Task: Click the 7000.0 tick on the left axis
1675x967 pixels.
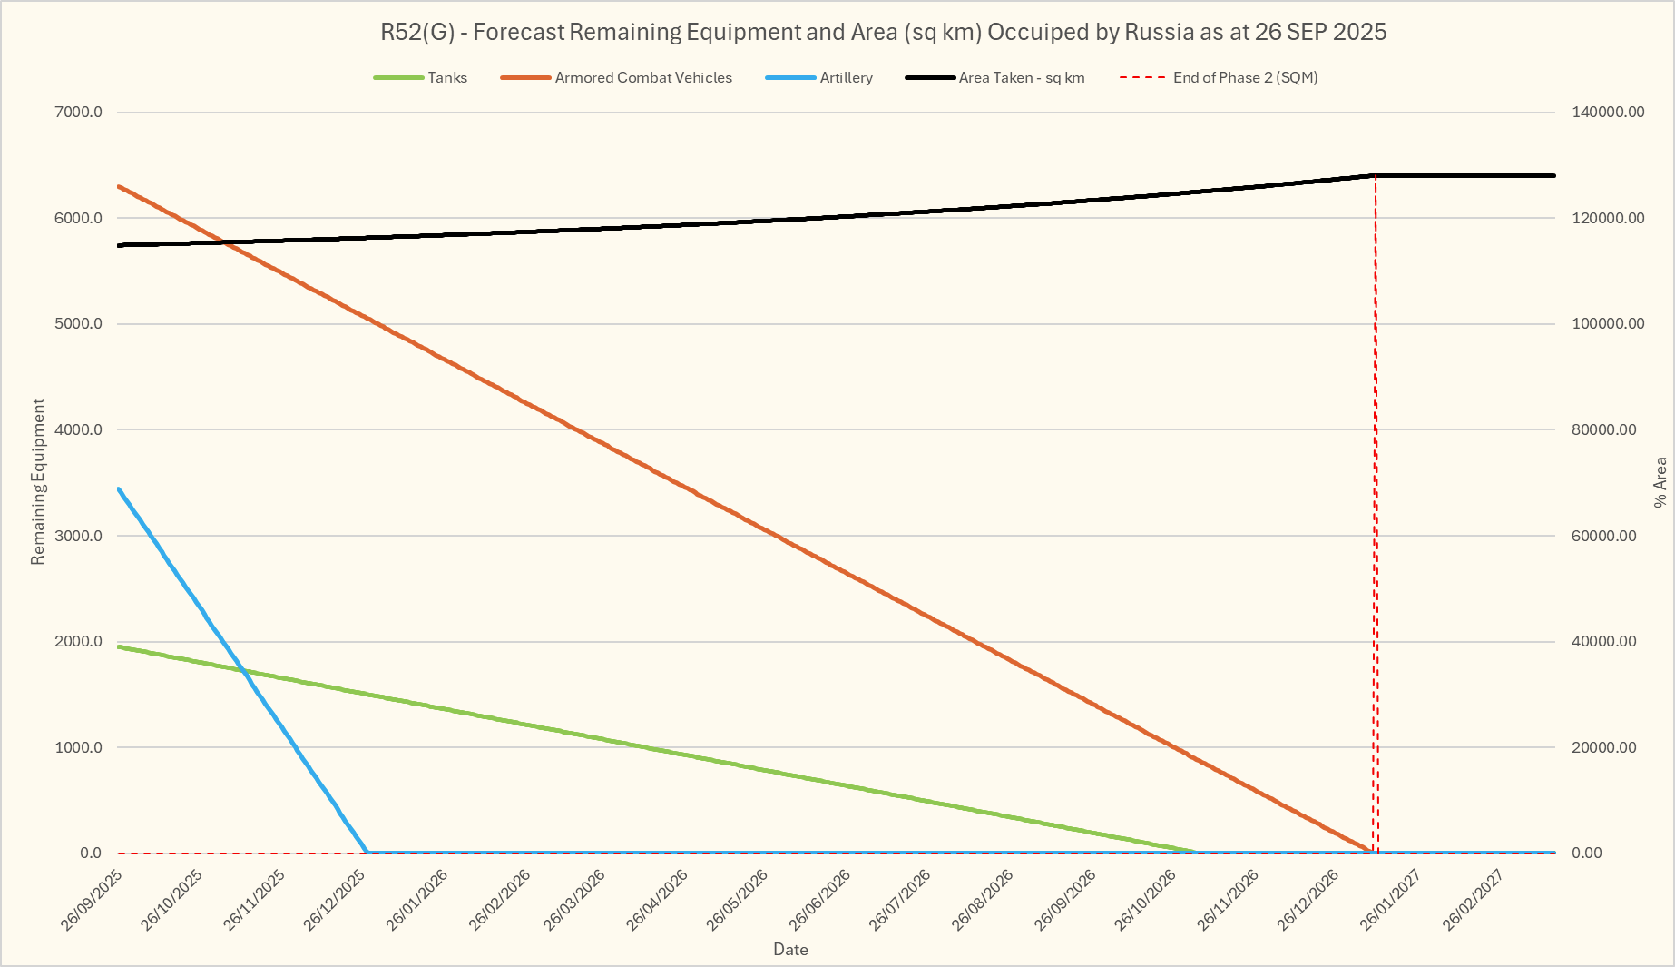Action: point(79,113)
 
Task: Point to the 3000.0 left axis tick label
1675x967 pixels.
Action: point(79,536)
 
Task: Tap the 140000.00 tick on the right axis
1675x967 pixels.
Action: point(1608,113)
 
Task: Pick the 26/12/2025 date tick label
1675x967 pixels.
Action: point(335,899)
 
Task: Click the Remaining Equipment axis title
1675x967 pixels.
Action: point(38,481)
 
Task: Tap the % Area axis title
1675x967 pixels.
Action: point(1660,481)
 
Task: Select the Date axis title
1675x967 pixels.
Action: point(790,950)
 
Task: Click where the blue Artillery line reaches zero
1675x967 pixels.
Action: point(367,853)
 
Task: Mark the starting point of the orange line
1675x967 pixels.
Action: point(119,186)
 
